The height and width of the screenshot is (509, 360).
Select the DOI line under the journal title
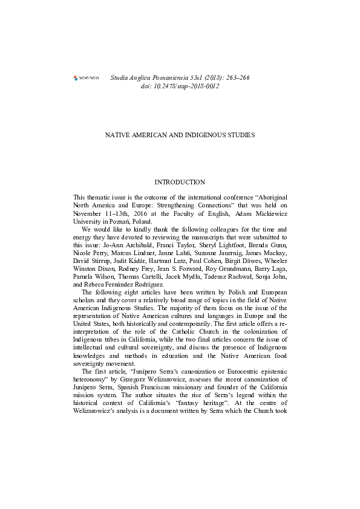point(180,87)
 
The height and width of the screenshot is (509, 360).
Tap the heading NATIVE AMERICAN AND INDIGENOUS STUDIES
point(180,135)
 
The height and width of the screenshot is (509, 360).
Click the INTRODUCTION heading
point(180,182)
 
